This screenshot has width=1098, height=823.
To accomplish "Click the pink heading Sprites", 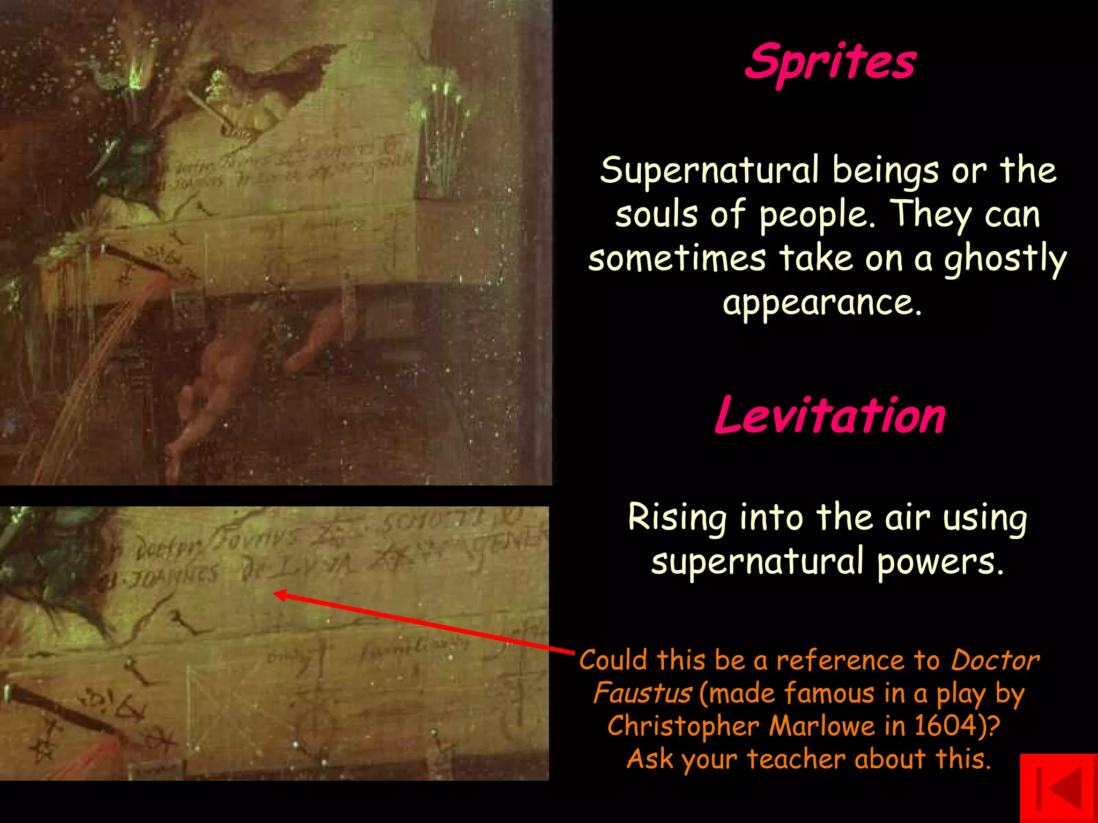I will tap(830, 62).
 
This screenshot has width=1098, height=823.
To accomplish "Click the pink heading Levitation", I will tap(830, 416).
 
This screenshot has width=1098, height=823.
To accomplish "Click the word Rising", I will tap(677, 518).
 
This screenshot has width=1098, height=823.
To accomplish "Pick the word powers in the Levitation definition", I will tap(940, 562).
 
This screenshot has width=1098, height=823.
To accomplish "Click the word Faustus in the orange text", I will tap(642, 693).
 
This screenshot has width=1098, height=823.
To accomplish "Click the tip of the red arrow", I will tap(276, 594).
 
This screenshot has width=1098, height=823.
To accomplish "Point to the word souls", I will tap(657, 215).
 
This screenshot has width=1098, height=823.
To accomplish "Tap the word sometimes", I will tap(677, 259).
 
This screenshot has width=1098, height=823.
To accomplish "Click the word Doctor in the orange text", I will tap(995, 660).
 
